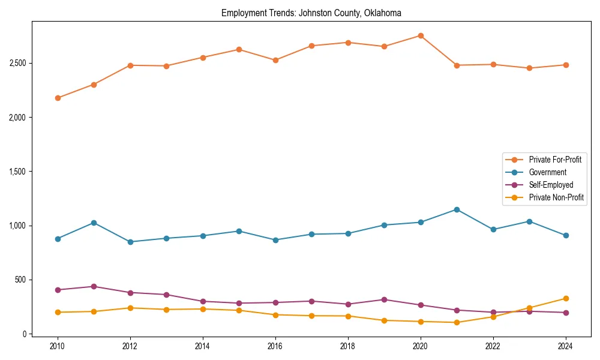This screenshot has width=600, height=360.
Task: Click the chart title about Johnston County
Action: pos(311,13)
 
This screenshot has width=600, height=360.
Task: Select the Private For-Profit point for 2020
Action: pos(421,35)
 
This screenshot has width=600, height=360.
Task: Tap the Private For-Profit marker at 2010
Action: pos(58,98)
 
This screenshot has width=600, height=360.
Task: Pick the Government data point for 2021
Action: pos(457,209)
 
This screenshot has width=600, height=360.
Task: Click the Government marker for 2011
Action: pos(94,223)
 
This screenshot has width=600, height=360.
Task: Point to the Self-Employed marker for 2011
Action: pos(94,286)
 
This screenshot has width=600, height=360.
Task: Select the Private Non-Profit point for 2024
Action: pos(566,298)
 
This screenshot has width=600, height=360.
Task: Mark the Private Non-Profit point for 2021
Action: pos(457,322)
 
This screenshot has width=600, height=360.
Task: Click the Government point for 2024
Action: pos(566,235)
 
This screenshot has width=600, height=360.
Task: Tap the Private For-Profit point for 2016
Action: pos(275,60)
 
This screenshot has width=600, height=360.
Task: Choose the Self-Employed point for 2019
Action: pos(384,299)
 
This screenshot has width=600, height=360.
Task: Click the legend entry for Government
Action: pos(547,172)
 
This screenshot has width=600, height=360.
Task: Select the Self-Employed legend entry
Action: pos(551,185)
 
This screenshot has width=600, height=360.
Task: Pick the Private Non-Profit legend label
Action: pos(556,197)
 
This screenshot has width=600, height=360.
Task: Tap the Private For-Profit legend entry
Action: pos(555,160)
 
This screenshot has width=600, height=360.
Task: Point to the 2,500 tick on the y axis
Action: pos(17,63)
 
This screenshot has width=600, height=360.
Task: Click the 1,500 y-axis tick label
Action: pos(17,172)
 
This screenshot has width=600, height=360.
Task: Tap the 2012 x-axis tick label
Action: pos(130,346)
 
